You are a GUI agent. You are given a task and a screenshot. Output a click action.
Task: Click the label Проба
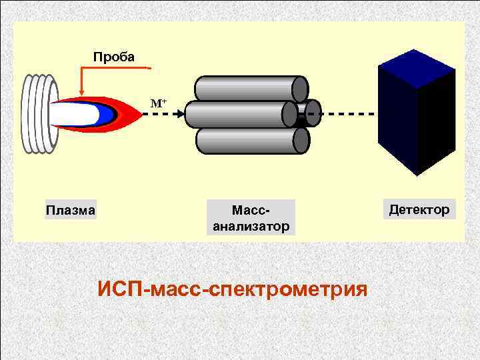click(113, 57)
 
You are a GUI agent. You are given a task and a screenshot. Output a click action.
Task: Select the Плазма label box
click(71, 210)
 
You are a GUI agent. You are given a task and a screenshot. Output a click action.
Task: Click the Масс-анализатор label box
click(251, 218)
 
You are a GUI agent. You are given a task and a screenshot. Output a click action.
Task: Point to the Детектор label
click(419, 210)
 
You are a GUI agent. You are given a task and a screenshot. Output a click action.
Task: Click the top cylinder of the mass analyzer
click(247, 89)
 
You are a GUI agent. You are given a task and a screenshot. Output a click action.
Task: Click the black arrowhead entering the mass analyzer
click(180, 114)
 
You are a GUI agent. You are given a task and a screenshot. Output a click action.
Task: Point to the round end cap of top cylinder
click(301, 89)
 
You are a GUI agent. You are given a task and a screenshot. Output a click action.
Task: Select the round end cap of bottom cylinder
click(301, 140)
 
